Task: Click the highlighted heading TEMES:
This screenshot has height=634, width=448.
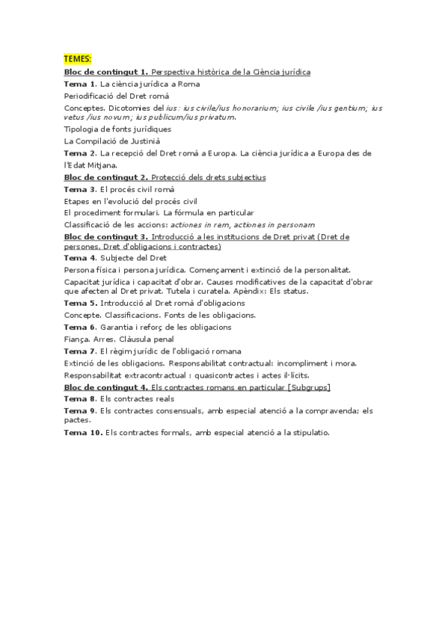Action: pyautogui.click(x=77, y=59)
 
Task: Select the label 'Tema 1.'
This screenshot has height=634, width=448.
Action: pyautogui.click(x=80, y=84)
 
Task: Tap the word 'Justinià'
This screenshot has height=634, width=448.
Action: pyautogui.click(x=144, y=141)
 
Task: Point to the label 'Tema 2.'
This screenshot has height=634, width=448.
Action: pyautogui.click(x=80, y=153)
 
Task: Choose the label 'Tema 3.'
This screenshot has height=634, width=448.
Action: pyautogui.click(x=80, y=189)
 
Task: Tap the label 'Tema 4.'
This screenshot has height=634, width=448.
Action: pyautogui.click(x=80, y=258)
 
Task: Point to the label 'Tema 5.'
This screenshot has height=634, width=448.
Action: pyautogui.click(x=80, y=303)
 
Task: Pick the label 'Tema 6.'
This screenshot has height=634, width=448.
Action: pyautogui.click(x=80, y=327)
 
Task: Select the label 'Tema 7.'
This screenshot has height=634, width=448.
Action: pyautogui.click(x=80, y=351)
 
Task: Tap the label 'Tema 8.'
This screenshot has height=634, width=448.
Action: pyautogui.click(x=80, y=399)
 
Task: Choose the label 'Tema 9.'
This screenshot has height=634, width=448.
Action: pyautogui.click(x=80, y=411)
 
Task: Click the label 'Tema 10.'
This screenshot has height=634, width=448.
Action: pyautogui.click(x=82, y=433)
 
